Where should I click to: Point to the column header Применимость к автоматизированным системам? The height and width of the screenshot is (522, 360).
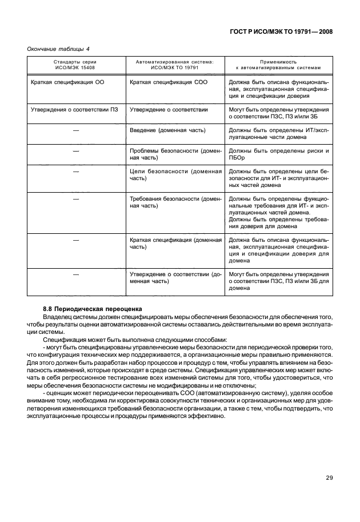click(278, 64)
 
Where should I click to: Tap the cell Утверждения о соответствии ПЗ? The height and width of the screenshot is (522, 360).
click(74, 109)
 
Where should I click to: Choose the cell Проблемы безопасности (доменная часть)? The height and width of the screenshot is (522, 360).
click(175, 154)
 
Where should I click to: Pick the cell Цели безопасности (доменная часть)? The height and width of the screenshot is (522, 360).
click(175, 175)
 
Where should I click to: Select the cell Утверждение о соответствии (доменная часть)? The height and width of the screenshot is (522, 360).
click(175, 278)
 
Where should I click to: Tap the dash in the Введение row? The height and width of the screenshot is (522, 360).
click(75, 130)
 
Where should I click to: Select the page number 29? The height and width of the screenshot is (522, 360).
click(329, 478)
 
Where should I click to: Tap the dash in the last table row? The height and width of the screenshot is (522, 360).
click(75, 274)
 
